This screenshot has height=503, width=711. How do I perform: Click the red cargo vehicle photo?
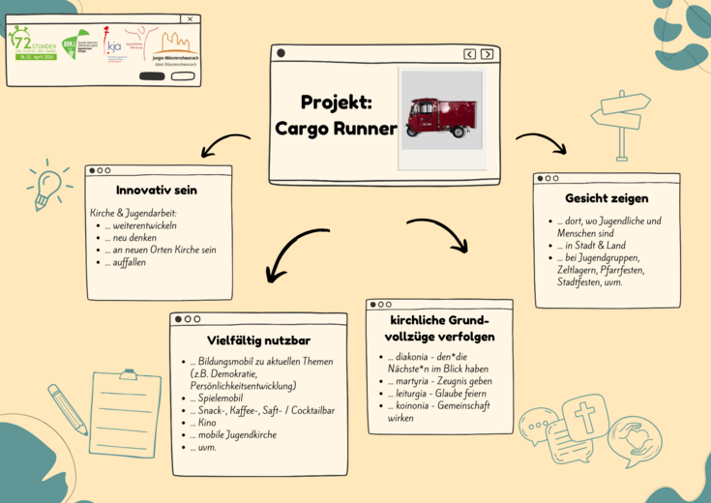click(441, 116)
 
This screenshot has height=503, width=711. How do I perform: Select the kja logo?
click(114, 45)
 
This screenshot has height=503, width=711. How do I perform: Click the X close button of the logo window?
click(190, 18)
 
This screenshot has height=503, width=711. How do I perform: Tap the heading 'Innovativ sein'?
click(156, 191)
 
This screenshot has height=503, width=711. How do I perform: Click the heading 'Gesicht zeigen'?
click(607, 198)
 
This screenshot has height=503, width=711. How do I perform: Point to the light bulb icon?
click(45, 188)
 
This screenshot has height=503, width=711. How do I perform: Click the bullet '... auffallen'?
click(125, 262)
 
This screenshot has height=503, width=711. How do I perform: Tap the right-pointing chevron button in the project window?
click(487, 54)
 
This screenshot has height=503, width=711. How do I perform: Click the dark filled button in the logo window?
click(152, 75)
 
